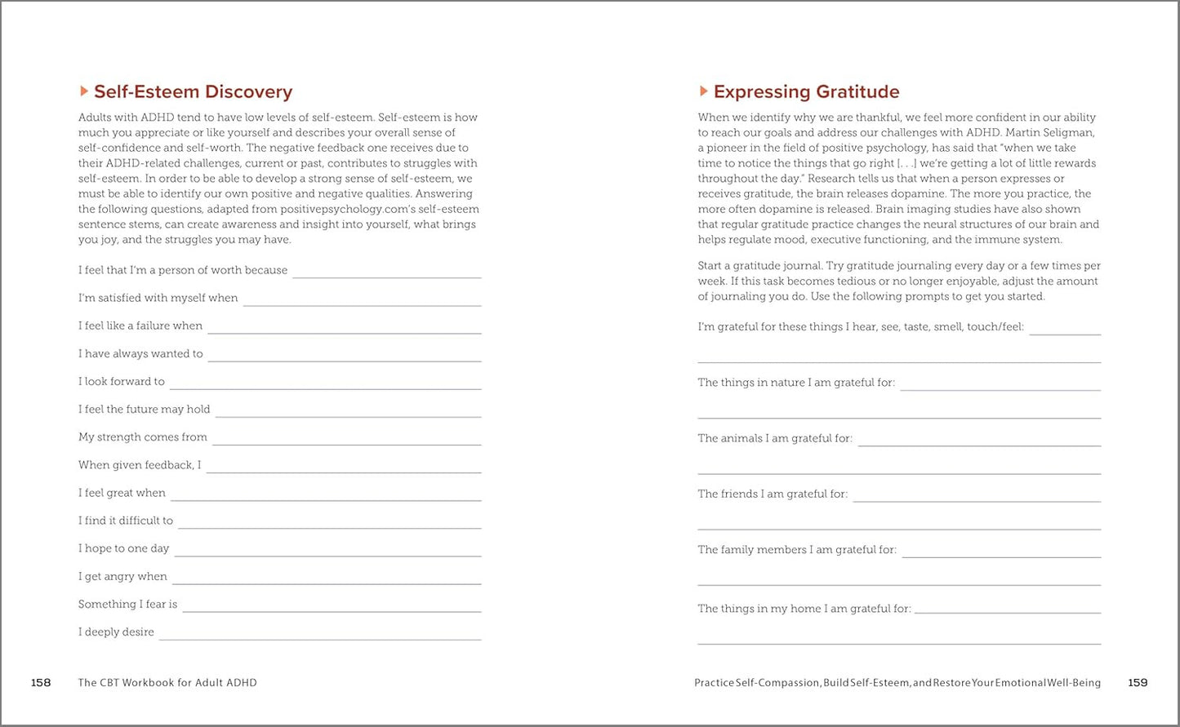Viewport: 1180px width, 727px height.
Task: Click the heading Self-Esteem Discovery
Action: (x=193, y=91)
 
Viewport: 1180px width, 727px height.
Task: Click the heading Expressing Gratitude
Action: (x=806, y=91)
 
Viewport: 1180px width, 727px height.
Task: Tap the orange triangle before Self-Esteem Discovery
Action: (x=83, y=91)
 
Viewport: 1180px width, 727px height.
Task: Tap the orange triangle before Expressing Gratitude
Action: (x=703, y=91)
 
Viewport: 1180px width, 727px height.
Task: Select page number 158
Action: (x=41, y=683)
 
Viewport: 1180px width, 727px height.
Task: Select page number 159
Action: (x=1138, y=683)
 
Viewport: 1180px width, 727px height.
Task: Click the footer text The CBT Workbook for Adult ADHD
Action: (x=167, y=683)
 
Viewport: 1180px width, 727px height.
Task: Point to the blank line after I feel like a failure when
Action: (x=344, y=331)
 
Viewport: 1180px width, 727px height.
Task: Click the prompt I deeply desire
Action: (x=116, y=632)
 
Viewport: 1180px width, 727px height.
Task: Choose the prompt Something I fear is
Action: (x=127, y=605)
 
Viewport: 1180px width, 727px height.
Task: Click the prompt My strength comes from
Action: (x=143, y=437)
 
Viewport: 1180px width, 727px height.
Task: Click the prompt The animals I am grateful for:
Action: (x=775, y=439)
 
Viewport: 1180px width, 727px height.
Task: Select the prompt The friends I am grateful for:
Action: (x=773, y=494)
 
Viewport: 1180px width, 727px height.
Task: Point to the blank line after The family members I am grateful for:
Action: (x=1001, y=556)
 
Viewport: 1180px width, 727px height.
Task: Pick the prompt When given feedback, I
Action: (x=140, y=465)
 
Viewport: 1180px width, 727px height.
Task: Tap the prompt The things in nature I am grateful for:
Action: (x=796, y=383)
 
